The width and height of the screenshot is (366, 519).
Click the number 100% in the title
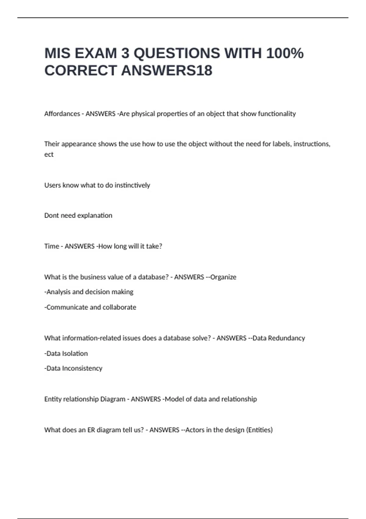click(285, 53)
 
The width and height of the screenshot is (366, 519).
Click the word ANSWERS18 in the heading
click(167, 71)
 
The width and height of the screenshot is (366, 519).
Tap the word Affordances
click(62, 114)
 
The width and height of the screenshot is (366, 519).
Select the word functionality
click(277, 114)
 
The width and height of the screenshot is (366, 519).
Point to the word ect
click(49, 154)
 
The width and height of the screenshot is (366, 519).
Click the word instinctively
click(132, 185)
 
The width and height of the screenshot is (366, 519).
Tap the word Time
click(52, 246)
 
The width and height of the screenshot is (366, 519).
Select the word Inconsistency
click(82, 368)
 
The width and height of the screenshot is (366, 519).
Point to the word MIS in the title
click(57, 53)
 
